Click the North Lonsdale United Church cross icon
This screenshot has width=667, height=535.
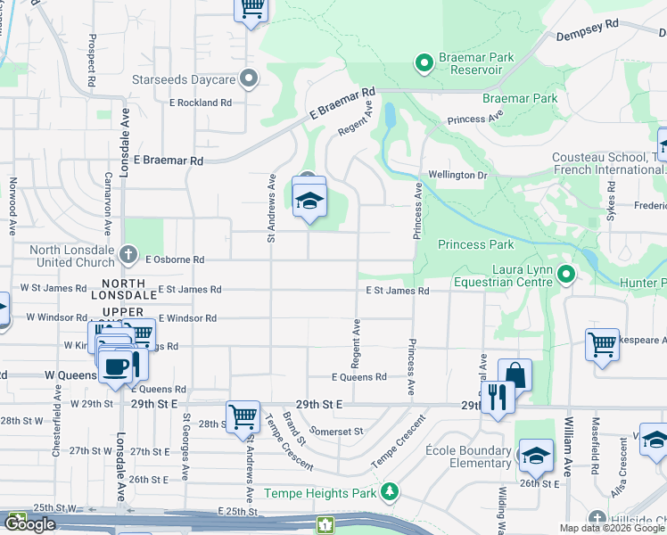[x=130, y=256]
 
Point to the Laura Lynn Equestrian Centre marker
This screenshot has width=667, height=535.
[x=565, y=274]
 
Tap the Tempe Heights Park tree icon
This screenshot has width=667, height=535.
[x=389, y=491]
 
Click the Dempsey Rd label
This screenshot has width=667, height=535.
[x=587, y=37]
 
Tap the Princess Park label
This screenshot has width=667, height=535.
[x=475, y=244]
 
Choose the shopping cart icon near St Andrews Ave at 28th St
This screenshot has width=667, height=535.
[x=243, y=416]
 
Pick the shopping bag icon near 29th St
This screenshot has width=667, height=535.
[x=515, y=374]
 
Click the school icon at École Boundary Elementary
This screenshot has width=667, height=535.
[x=535, y=457]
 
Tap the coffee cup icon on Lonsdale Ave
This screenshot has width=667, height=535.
[x=115, y=366]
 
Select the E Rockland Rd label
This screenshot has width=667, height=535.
[x=201, y=103]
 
